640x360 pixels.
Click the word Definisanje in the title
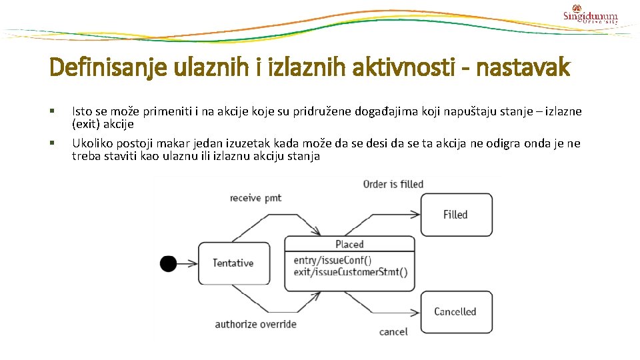coord(95,67)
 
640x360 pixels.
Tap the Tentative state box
coord(233,263)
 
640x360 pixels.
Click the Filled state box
coord(456,214)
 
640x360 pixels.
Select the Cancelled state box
coord(456,311)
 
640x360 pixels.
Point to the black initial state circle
coord(168,263)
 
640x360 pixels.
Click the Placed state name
coord(349,244)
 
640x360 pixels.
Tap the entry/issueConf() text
coord(332,260)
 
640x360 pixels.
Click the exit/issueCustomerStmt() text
coord(350,272)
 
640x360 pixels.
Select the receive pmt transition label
coord(255,197)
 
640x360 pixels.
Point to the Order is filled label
coord(393,183)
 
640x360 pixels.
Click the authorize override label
coord(255,325)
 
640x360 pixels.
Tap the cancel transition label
coord(393,331)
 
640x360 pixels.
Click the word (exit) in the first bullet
coord(85,124)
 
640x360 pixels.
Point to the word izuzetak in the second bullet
coord(249,143)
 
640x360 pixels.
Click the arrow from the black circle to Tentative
coord(187,263)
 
